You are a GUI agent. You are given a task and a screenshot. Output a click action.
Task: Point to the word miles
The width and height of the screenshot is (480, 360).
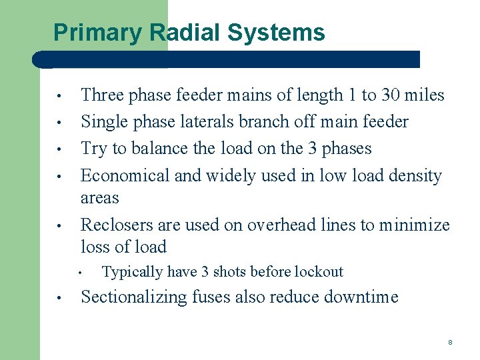[425, 95]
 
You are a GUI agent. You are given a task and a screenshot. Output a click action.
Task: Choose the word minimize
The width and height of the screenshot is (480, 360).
[414, 225]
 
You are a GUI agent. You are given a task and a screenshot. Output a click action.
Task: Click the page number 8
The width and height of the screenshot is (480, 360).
[450, 343]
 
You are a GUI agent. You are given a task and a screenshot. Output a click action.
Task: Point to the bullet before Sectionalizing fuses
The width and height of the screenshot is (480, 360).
[59, 298]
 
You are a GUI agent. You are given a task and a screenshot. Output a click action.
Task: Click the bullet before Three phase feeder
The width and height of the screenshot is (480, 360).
[59, 96]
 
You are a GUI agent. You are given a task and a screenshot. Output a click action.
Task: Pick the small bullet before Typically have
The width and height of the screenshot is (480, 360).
[79, 273]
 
